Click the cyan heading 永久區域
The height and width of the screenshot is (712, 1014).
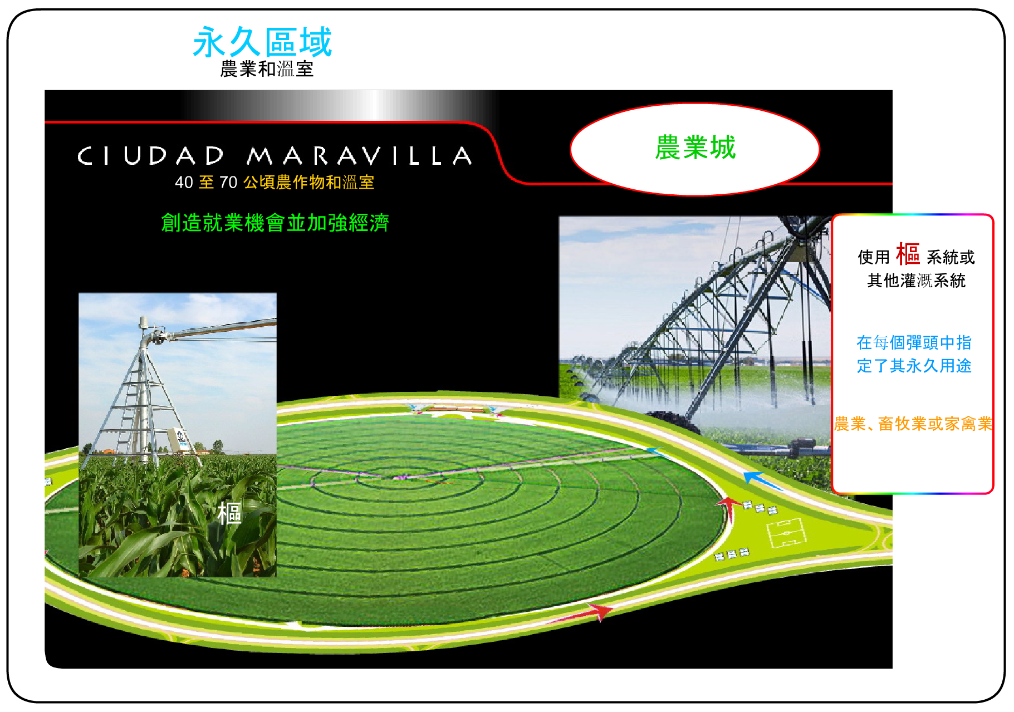coord(262,42)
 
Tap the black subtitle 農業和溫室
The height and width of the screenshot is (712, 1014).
coord(267,69)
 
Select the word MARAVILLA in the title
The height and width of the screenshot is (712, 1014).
coord(360,156)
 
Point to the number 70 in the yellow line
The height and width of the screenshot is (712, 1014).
coord(228,182)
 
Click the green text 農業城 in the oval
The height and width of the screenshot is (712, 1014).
coord(695,148)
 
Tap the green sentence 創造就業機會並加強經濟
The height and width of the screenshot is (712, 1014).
coord(275,223)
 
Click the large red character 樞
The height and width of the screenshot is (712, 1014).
coord(908,254)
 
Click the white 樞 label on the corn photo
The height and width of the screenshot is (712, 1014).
coord(229,513)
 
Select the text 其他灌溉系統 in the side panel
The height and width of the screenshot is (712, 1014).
coord(917,281)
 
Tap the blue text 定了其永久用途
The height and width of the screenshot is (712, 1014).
coord(914,366)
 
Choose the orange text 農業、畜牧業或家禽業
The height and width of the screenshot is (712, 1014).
coord(913,424)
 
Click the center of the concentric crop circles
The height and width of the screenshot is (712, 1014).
coord(399,478)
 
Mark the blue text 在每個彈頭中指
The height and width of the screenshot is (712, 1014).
coord(914,342)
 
